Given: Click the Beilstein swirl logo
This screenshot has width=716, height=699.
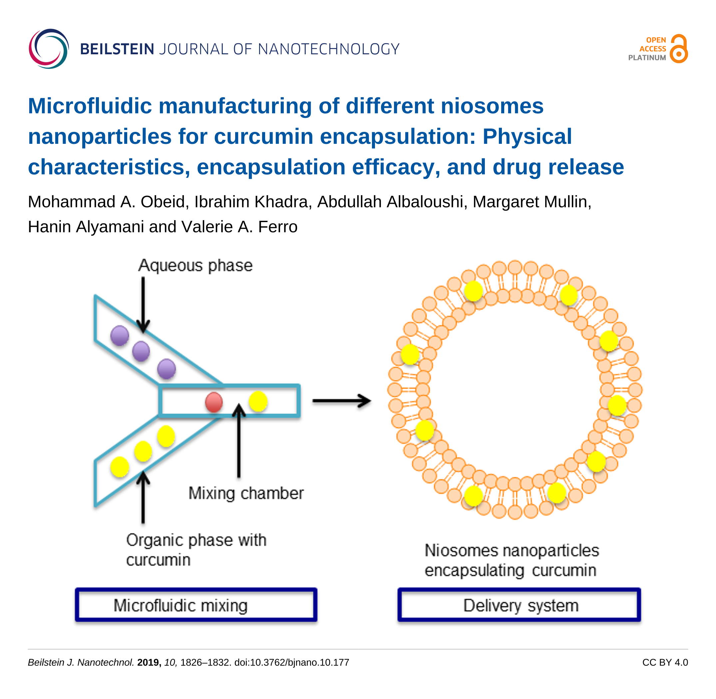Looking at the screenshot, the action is tap(49, 49).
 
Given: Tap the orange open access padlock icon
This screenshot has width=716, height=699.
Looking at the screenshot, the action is tap(679, 49).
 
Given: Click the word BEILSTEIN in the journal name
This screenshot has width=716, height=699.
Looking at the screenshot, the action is tap(117, 49).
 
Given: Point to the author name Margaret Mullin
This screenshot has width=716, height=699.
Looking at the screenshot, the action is tap(532, 202).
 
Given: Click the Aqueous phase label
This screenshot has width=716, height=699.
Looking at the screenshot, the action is tap(195, 265).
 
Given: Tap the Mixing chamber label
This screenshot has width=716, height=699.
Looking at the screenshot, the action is tap(246, 493).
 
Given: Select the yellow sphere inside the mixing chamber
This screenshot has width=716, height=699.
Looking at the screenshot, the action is tap(258, 401).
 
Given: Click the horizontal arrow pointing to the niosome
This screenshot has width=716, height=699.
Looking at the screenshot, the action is tap(342, 401).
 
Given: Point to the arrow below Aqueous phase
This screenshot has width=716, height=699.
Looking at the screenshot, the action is tap(143, 305).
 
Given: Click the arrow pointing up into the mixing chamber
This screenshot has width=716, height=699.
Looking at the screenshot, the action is tap(239, 441).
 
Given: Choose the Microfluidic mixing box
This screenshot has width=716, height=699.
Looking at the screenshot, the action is tap(196, 605).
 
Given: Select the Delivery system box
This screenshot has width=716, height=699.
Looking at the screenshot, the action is tap(519, 605).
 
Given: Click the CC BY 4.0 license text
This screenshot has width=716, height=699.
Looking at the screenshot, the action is tap(665, 662).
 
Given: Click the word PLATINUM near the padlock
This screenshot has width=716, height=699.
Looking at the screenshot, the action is tap(647, 58).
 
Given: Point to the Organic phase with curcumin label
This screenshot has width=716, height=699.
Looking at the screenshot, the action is tap(196, 550).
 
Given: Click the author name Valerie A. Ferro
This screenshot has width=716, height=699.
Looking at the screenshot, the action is tap(239, 227).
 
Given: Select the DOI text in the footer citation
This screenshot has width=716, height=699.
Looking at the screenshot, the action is tap(292, 662).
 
